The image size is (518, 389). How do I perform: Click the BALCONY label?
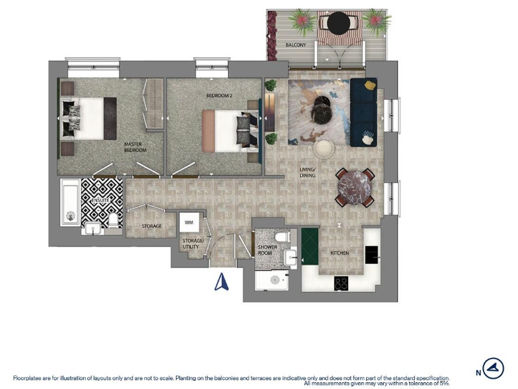(295, 45)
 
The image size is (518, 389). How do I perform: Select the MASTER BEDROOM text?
(135, 147)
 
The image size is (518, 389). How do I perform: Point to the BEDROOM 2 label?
(219, 96)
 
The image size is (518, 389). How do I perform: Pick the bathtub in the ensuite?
(69, 202)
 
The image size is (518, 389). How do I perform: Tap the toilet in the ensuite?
(113, 221)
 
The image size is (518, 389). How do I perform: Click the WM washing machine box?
(188, 222)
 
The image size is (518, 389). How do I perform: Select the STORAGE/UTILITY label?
(191, 244)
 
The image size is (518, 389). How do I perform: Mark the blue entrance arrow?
(221, 280)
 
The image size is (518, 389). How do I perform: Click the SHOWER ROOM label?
(268, 251)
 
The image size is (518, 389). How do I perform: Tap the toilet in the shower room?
(283, 237)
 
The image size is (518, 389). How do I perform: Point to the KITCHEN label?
(339, 253)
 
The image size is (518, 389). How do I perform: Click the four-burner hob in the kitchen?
(341, 284)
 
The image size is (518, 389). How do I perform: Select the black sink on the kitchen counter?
(372, 254)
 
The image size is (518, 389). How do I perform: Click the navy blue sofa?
(363, 111)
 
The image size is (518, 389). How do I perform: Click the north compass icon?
(494, 368)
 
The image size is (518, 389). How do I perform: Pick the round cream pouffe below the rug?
(324, 149)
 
